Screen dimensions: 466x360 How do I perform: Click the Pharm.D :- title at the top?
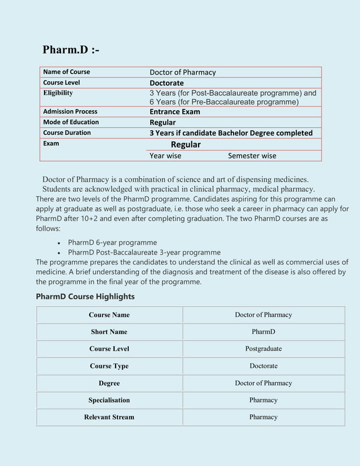(x=71, y=50)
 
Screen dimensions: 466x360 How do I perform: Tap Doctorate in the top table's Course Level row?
(x=166, y=83)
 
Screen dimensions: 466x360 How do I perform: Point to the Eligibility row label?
(x=58, y=93)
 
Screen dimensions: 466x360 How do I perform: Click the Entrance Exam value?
(x=174, y=112)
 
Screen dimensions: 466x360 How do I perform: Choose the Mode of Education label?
(x=71, y=122)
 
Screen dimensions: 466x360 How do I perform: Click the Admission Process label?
(x=70, y=112)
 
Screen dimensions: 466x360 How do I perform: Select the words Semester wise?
(x=252, y=156)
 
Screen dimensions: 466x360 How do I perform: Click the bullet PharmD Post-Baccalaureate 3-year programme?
(x=144, y=252)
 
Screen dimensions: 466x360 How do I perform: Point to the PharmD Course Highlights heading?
(x=85, y=296)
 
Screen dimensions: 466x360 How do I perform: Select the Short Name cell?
(x=109, y=332)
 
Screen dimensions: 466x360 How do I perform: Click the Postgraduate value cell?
(x=264, y=349)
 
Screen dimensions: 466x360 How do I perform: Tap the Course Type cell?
(x=109, y=366)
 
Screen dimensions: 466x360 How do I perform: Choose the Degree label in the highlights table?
(x=109, y=383)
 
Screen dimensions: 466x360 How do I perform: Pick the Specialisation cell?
(x=109, y=400)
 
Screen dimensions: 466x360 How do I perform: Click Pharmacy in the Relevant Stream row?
(x=264, y=417)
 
